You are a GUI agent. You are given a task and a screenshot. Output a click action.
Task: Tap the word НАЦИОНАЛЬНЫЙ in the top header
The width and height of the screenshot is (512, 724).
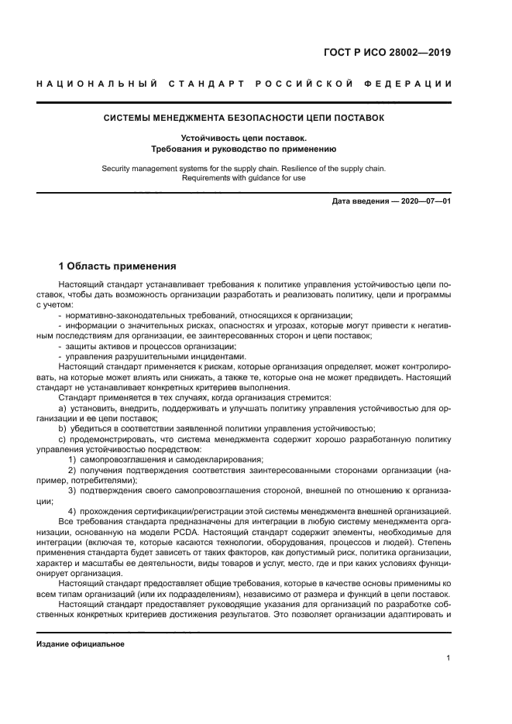97,83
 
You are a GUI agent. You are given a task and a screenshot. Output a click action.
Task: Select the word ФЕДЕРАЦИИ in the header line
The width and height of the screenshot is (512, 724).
409,83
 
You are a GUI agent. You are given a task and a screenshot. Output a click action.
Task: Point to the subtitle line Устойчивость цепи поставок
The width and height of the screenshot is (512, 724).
243,137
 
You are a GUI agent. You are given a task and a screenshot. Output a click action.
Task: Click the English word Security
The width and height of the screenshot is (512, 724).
119,168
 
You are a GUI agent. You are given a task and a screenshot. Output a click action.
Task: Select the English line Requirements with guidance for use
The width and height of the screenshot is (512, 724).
243,177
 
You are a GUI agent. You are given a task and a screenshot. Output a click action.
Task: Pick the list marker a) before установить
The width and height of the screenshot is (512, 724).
62,408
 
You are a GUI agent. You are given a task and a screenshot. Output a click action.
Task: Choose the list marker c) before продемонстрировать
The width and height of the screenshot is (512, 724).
62,439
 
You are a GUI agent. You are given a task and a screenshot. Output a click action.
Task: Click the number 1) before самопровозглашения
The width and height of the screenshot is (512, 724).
72,460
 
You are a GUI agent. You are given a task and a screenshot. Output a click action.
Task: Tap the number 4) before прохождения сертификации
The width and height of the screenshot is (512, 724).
72,510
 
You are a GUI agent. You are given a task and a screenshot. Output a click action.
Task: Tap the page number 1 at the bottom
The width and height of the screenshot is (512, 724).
448,658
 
